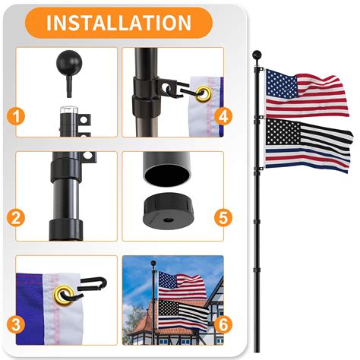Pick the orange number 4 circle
click(x=223, y=116)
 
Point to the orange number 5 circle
click(x=223, y=218)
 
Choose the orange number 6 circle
click(x=223, y=322)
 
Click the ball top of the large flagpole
click(x=257, y=54)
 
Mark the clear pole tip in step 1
click(x=62, y=118)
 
